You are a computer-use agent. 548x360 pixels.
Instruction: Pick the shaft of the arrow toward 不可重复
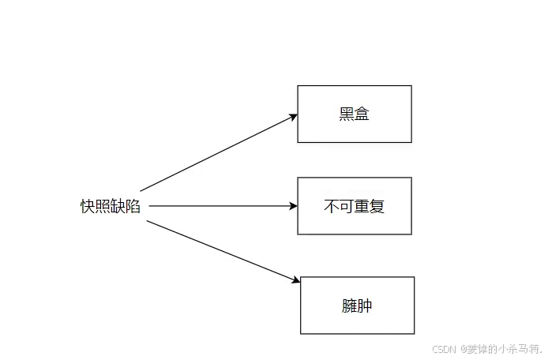(223, 206)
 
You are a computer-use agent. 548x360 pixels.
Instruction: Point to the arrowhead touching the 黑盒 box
(293, 117)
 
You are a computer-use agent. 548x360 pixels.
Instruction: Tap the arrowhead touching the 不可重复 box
(294, 206)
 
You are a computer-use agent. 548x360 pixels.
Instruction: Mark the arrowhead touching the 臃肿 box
(296, 279)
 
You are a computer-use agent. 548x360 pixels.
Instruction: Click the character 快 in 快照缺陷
(88, 206)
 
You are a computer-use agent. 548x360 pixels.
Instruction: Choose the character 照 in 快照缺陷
(103, 206)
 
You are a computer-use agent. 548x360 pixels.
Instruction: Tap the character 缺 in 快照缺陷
(118, 206)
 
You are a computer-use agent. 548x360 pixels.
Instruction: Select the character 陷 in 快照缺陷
(133, 206)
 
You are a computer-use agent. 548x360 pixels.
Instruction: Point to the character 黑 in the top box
(347, 114)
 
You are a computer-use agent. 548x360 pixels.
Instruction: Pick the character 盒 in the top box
(362, 114)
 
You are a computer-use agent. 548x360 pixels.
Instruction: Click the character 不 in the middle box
(332, 206)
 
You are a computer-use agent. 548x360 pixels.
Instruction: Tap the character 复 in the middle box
(377, 206)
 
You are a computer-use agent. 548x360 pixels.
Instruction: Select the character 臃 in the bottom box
(350, 306)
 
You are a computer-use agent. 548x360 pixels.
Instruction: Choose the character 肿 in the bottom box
(365, 306)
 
